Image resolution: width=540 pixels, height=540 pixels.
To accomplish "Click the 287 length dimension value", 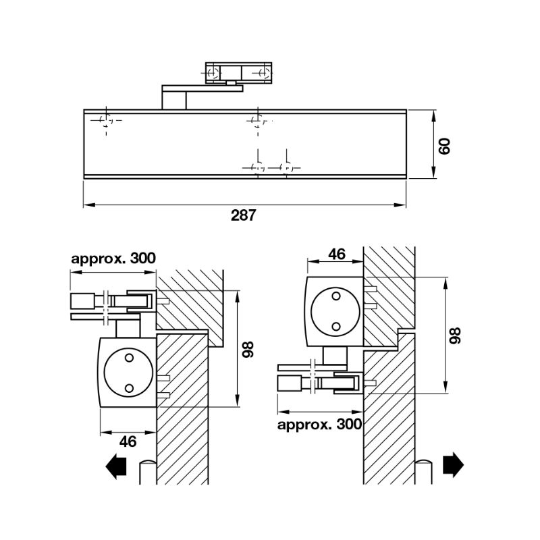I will tap(244, 215).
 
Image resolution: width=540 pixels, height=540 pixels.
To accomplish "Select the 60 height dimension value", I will tap(443, 144).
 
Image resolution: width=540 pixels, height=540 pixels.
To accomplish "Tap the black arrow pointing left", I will tap(117, 466).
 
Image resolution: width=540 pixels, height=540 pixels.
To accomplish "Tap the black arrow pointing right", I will tap(453, 465).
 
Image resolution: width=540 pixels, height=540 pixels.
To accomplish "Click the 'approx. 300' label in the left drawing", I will tap(113, 258).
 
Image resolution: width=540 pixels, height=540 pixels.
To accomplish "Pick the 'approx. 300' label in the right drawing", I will tap(319, 425).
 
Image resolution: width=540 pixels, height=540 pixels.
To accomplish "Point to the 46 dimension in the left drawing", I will tap(128, 441).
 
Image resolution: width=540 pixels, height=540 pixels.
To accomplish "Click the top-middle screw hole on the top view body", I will tap(255, 121).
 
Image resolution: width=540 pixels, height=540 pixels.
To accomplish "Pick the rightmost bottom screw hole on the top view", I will tap(286, 167).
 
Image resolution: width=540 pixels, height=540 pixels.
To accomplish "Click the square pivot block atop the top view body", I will tap(175, 97).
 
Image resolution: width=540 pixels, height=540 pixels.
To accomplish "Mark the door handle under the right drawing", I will tap(423, 472).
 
